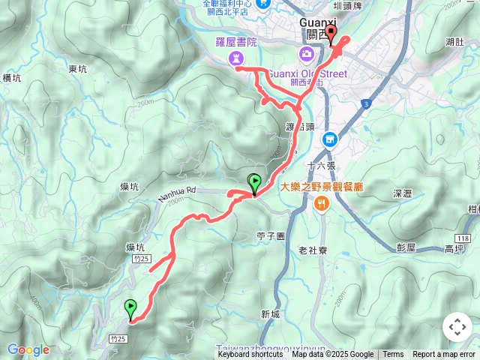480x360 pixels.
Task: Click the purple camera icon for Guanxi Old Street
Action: pyautogui.click(x=306, y=53)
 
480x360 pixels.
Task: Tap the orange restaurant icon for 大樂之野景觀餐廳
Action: pyautogui.click(x=322, y=202)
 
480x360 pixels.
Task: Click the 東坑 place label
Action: pyautogui.click(x=78, y=69)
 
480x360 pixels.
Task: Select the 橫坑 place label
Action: pyautogui.click(x=12, y=77)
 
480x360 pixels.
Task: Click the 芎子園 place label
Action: pyautogui.click(x=271, y=235)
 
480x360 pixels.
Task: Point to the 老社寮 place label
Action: pyautogui.click(x=311, y=250)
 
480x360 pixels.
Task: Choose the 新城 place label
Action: pyautogui.click(x=271, y=314)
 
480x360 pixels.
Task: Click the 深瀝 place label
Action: pyautogui.click(x=403, y=193)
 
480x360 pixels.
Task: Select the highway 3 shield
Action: pyautogui.click(x=365, y=103)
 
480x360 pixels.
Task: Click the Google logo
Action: pyautogui.click(x=28, y=349)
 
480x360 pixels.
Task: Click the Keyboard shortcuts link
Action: pyautogui.click(x=250, y=355)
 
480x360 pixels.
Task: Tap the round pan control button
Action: pyautogui.click(x=457, y=327)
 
